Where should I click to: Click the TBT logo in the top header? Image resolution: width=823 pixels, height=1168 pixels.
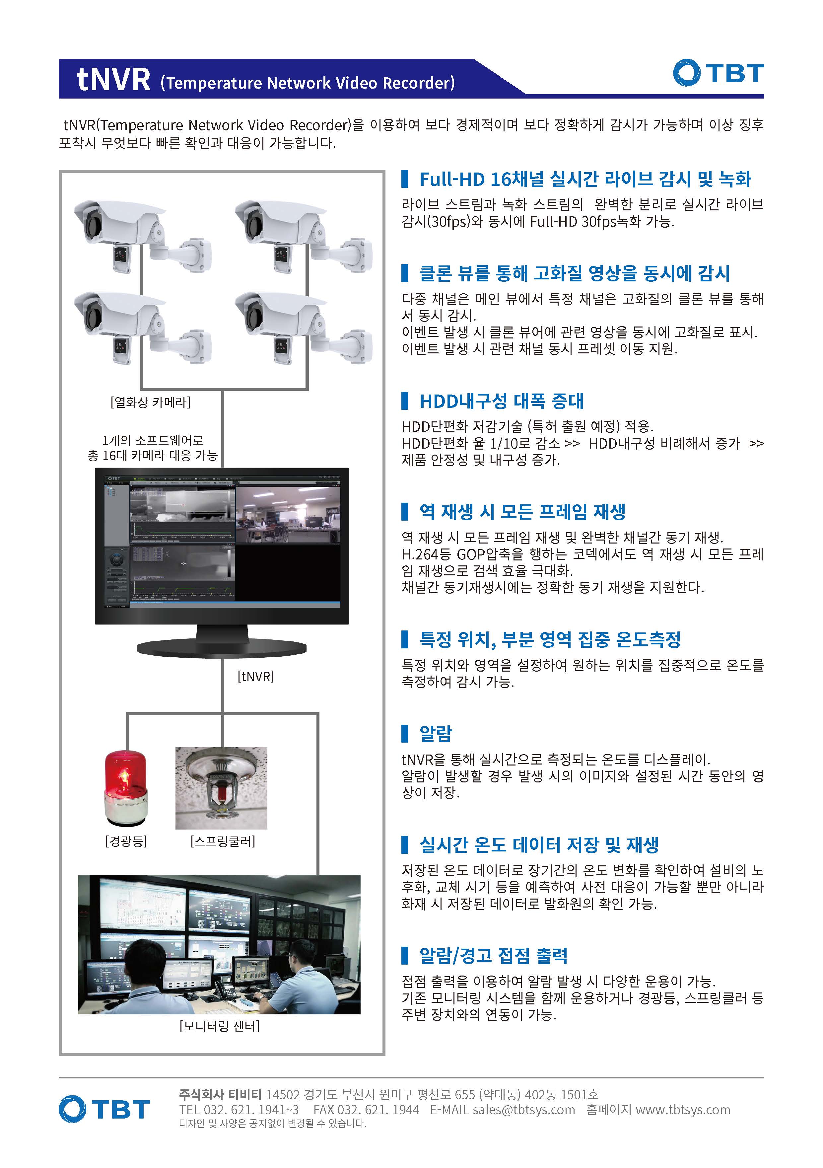pyautogui.click(x=718, y=73)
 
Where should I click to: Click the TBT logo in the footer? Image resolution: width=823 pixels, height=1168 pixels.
pyautogui.click(x=104, y=1109)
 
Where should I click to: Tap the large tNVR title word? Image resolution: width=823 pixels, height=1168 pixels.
pyautogui.click(x=114, y=80)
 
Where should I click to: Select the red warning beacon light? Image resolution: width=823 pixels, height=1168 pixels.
pyautogui.click(x=126, y=788)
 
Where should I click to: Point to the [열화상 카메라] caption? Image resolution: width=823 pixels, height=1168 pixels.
pyautogui.click(x=151, y=402)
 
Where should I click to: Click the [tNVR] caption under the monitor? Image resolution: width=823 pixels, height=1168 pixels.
pyautogui.click(x=256, y=676)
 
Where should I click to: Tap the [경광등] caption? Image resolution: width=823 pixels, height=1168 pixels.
pyautogui.click(x=126, y=841)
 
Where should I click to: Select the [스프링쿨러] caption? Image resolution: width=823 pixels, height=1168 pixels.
pyautogui.click(x=223, y=841)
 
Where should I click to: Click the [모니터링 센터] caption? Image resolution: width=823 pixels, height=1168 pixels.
pyautogui.click(x=220, y=1026)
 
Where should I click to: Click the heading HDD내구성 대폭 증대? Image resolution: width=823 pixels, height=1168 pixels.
pyautogui.click(x=502, y=401)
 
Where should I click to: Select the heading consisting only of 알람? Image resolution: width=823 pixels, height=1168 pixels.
pyautogui.click(x=436, y=733)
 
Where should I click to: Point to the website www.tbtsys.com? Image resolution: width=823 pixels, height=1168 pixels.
pyautogui.click(x=683, y=1110)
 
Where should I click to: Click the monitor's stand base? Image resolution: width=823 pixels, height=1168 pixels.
pyautogui.click(x=222, y=648)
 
